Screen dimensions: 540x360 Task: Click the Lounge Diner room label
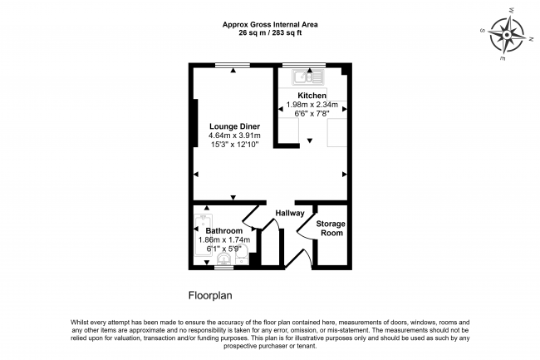tap(234, 126)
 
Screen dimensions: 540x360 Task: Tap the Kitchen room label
tap(312, 96)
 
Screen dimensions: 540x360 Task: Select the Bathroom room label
tap(224, 231)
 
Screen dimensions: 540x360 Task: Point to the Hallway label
tap(290, 213)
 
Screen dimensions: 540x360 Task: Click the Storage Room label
tap(331, 229)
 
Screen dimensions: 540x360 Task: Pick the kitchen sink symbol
tap(308, 77)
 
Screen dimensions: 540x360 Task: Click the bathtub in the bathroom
tap(204, 235)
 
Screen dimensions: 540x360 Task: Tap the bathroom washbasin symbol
tap(224, 259)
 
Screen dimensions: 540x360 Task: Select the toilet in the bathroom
tap(242, 254)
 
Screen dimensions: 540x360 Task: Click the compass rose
tap(507, 35)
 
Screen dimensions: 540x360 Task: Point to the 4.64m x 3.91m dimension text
tap(234, 136)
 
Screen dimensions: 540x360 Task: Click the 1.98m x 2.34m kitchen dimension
tap(312, 105)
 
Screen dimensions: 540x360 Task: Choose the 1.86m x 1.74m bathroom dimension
tap(224, 239)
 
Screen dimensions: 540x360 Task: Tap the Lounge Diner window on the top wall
tap(233, 65)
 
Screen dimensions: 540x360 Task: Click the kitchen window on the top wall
tap(304, 65)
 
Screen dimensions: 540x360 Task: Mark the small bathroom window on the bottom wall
tap(224, 268)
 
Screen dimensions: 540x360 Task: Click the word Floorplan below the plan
tap(210, 296)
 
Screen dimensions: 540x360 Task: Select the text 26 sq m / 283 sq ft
tap(270, 33)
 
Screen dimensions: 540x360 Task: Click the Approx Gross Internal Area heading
tap(270, 24)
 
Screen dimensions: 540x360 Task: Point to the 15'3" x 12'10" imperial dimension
tap(234, 145)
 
